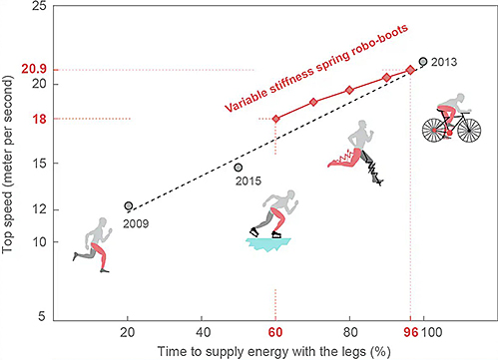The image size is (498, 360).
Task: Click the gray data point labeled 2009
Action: point(129,205)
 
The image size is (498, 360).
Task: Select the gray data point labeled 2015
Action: point(239,167)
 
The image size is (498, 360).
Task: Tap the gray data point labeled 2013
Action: point(423,62)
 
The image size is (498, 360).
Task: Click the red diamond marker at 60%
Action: point(275,119)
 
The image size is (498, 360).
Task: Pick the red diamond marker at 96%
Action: point(410,70)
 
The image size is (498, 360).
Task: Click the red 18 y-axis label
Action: point(37,119)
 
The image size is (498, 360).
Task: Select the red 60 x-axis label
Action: point(275,332)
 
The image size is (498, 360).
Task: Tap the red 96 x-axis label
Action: point(409,332)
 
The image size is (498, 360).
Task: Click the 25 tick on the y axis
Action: point(37,7)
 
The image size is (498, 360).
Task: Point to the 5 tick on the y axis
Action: point(40,316)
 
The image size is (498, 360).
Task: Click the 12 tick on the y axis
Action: point(37,209)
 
